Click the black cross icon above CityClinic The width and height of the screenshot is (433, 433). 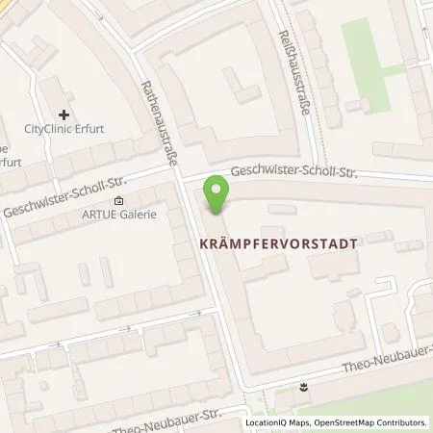tap(64, 115)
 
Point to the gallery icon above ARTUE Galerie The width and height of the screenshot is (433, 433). tap(118, 201)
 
